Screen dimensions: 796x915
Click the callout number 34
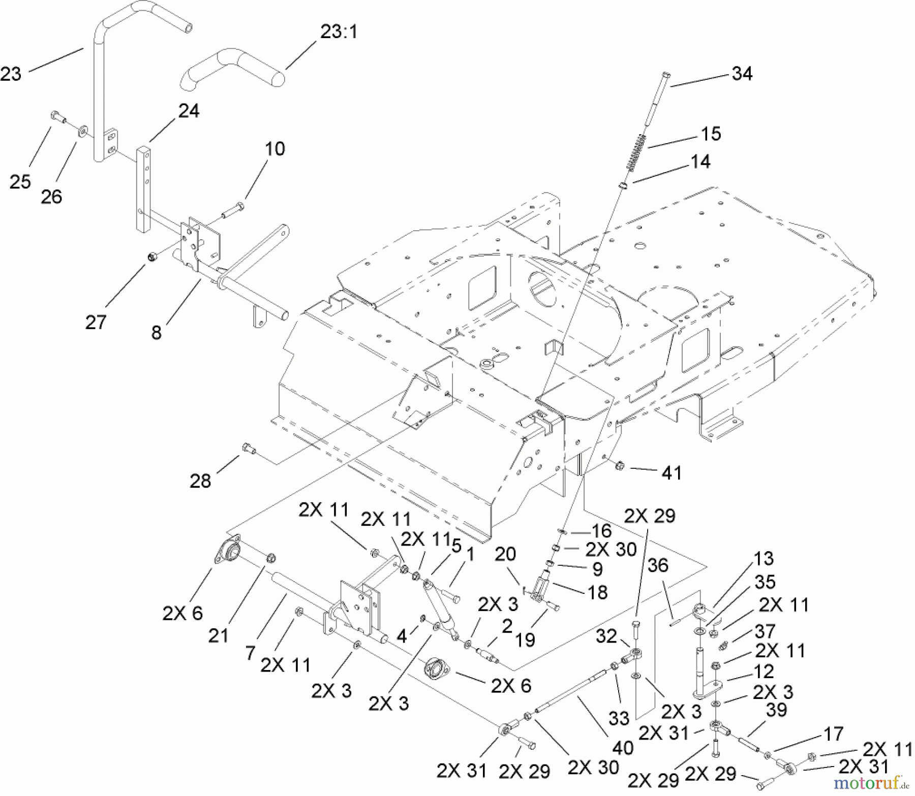coord(742,74)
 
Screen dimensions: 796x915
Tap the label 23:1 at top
coord(339,32)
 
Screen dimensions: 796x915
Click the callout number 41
coord(672,473)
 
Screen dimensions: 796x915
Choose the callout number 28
coord(200,480)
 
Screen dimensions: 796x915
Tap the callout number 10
coord(274,149)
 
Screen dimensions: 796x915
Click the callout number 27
coord(96,322)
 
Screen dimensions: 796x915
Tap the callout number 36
coord(658,565)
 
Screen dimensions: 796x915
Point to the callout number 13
coord(764,558)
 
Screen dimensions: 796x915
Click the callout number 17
coord(833,734)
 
